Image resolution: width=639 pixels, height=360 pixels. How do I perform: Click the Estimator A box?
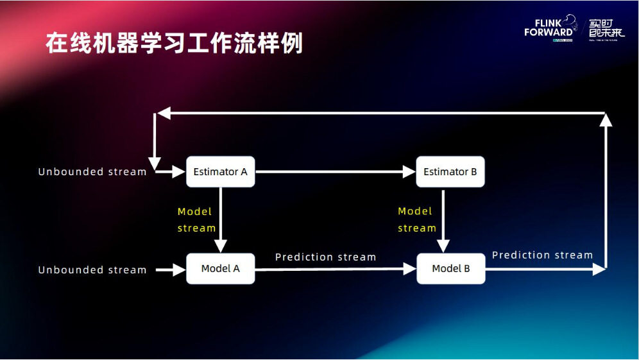[x=220, y=172]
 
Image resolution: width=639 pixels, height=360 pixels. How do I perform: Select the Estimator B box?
[x=450, y=172]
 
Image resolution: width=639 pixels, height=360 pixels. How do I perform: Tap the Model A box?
[x=220, y=268]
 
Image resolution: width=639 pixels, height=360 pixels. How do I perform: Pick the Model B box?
[x=450, y=268]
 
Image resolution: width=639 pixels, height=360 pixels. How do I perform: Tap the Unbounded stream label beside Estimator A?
[x=92, y=172]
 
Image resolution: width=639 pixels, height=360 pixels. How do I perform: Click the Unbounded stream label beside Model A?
[x=92, y=270]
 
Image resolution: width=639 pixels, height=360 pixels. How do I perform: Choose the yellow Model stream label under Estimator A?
[x=196, y=219]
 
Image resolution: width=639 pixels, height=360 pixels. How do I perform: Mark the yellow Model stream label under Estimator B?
[x=416, y=219]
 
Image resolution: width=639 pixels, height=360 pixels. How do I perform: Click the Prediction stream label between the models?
[x=325, y=257]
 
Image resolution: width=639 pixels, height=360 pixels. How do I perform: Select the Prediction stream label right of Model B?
[x=542, y=255]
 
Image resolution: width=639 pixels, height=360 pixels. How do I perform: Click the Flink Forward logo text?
[x=548, y=28]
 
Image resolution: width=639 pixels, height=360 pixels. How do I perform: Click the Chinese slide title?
[x=174, y=44]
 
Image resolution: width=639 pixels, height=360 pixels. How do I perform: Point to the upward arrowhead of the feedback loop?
[x=605, y=119]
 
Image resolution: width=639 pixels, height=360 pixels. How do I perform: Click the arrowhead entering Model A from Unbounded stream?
[x=179, y=270]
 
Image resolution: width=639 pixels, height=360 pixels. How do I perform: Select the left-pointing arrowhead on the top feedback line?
[x=164, y=113]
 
